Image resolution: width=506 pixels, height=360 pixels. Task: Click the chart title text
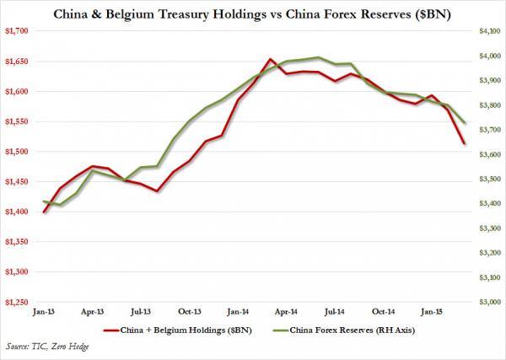pos(253,12)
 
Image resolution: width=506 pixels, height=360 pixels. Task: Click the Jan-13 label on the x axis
pos(44,312)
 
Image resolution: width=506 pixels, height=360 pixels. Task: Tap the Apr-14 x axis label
pos(286,312)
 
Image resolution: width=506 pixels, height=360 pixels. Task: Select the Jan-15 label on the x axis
pos(431,312)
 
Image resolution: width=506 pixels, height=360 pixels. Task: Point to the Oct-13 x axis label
pos(189,312)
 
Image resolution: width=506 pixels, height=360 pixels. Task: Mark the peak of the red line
pos(269,59)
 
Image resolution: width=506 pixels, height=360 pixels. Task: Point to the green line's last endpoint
pos(463,123)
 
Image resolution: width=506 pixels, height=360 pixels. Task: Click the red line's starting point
pos(44,212)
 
